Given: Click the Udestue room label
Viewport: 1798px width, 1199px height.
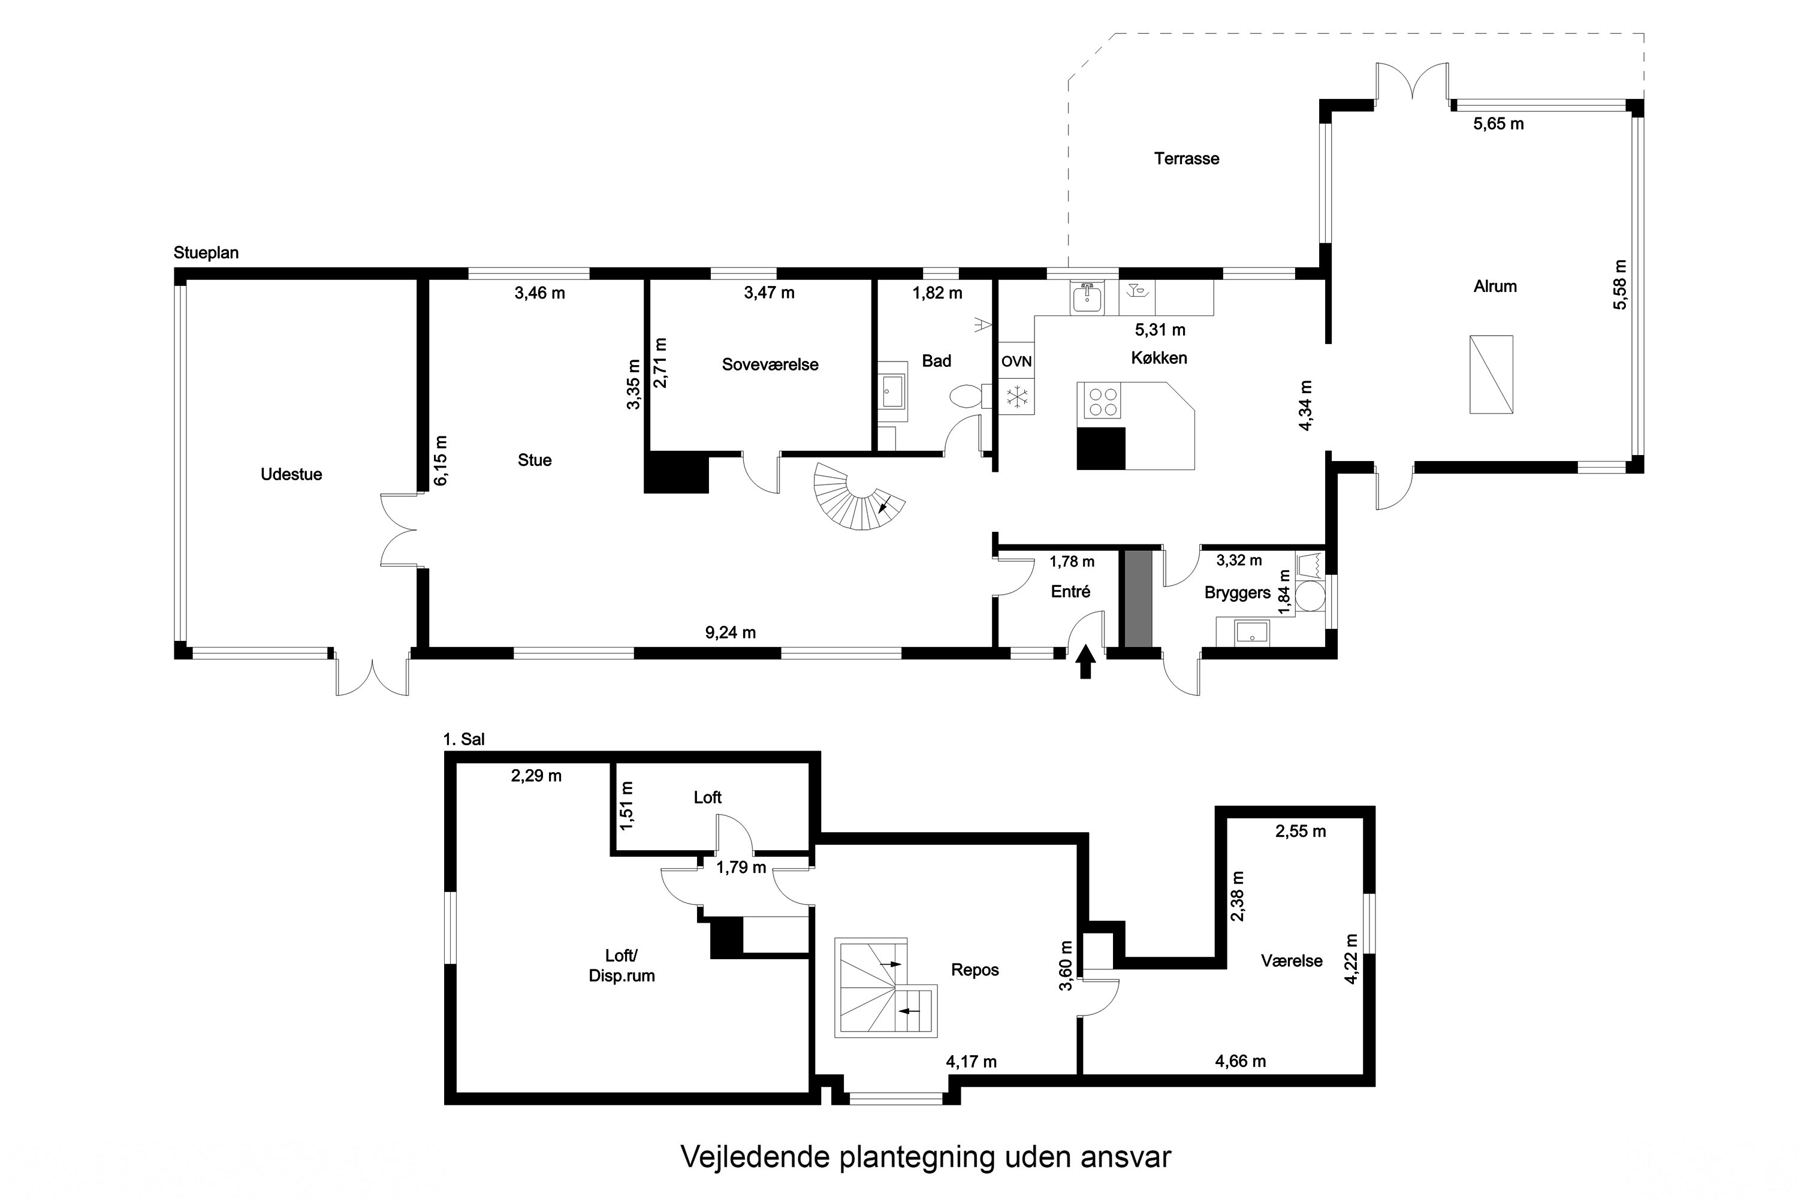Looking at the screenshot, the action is [x=291, y=474].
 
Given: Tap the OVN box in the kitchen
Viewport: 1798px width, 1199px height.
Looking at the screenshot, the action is [x=1016, y=361].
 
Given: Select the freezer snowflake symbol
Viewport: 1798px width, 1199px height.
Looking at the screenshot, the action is [x=1016, y=397].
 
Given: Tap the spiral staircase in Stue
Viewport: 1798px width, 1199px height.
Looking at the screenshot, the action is [x=856, y=497].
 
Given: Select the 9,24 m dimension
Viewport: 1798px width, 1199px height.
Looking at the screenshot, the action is [x=730, y=632].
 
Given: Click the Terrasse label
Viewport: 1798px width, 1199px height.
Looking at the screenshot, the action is [x=1187, y=159].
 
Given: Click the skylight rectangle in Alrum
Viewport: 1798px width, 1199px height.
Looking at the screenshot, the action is [x=1491, y=375].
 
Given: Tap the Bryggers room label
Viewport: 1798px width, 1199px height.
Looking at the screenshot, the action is [x=1237, y=593].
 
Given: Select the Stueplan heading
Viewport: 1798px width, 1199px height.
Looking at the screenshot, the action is [x=206, y=253].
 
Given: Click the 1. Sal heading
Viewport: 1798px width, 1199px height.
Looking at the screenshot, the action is [x=464, y=739].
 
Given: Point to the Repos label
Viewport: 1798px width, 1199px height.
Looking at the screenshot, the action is [x=975, y=969].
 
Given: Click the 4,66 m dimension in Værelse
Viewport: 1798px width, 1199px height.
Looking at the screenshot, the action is [x=1240, y=1061].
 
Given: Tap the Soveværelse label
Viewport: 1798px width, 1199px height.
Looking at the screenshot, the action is [x=770, y=364].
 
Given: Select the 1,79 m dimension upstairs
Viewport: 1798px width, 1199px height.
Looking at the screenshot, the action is [x=741, y=867].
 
